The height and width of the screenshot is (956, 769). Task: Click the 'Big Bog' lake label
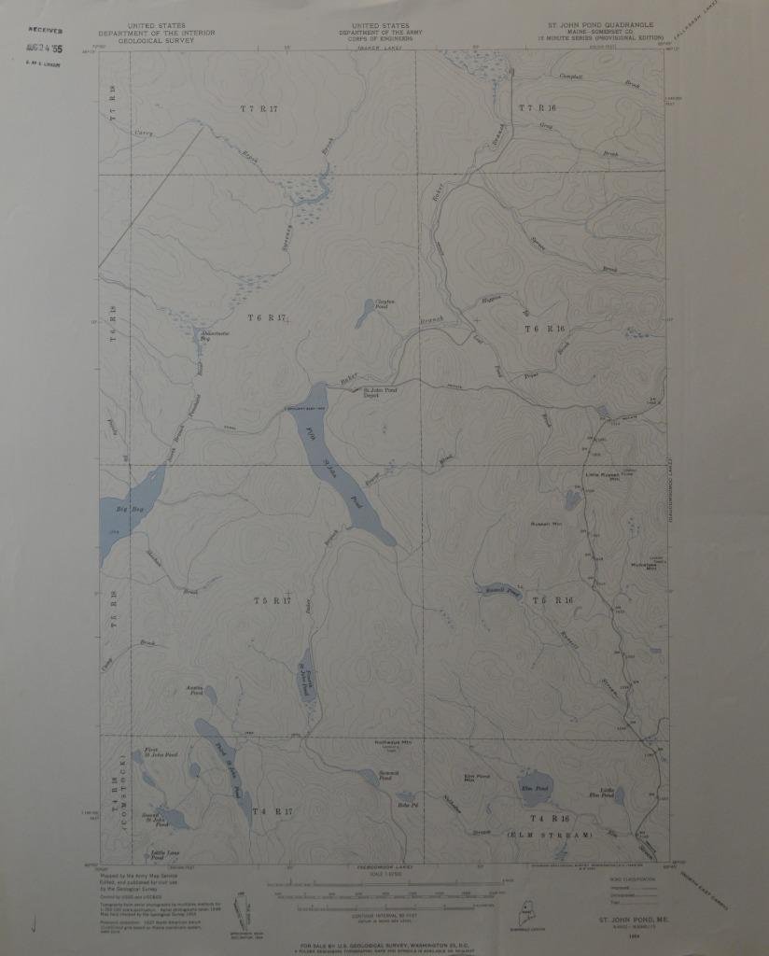pyautogui.click(x=130, y=509)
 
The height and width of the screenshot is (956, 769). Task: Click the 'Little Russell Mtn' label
pyautogui.click(x=602, y=475)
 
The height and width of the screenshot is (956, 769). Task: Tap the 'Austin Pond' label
pyautogui.click(x=195, y=691)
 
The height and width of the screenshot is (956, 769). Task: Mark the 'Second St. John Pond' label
pyautogui.click(x=154, y=821)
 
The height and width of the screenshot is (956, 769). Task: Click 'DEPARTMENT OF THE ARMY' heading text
pyautogui.click(x=381, y=32)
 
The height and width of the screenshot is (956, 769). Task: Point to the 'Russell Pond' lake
pyautogui.click(x=497, y=591)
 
